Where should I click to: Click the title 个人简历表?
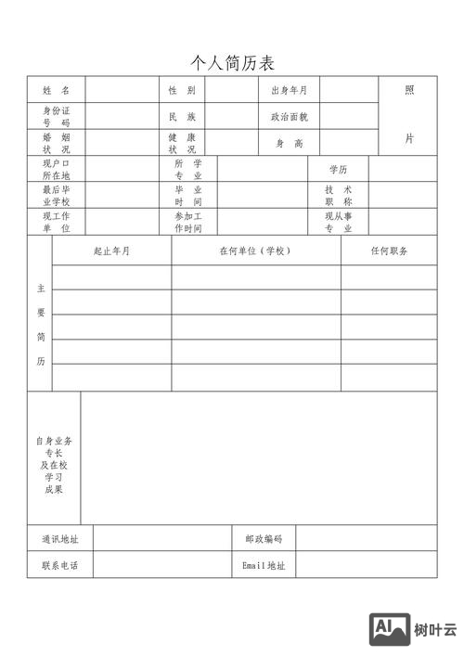232,62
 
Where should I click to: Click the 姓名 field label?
56,91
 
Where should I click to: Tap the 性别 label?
182,91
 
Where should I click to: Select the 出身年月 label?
289,91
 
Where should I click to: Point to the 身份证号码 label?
56,117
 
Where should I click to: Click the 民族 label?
182,117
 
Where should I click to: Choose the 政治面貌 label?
289,117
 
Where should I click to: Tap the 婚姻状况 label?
56,143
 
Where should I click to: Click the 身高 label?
289,143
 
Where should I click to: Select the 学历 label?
338,170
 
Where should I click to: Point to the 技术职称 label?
338,196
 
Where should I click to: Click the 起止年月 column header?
111,251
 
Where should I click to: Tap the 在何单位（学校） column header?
255,251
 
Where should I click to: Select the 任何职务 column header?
389,251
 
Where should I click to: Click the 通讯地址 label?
59,538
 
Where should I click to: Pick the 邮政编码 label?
264,538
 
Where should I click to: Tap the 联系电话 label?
59,564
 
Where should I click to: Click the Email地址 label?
264,564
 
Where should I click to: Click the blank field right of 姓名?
122,91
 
